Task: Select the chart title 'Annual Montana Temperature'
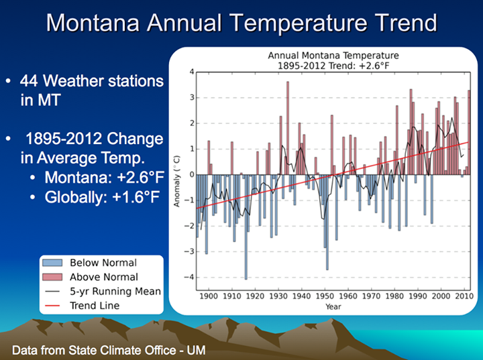[x=333, y=55]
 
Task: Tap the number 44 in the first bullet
[x=31, y=81]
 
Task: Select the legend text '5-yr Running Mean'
[x=115, y=291]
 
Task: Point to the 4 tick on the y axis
[x=191, y=72]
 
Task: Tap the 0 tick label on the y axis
[x=191, y=175]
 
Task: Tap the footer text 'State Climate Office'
[x=127, y=350]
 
